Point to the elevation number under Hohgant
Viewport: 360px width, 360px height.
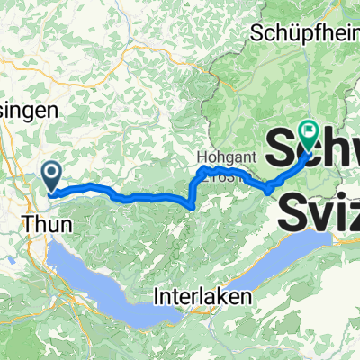point(221,177)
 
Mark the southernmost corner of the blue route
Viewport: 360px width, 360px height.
point(192,206)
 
